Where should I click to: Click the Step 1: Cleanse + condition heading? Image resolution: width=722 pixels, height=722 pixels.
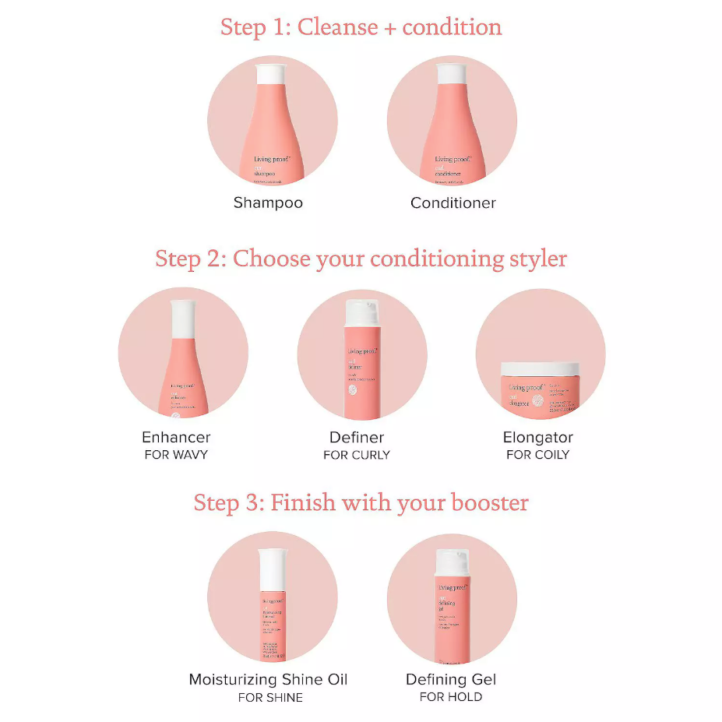tap(361, 27)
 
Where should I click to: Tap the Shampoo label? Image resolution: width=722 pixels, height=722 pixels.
tap(268, 203)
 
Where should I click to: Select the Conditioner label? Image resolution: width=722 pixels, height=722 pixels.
tap(453, 203)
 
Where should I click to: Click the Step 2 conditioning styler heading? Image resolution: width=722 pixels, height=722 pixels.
tap(361, 258)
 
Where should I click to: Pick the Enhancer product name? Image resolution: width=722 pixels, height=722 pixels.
tap(176, 437)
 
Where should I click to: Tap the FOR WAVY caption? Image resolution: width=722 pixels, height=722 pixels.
tap(176, 454)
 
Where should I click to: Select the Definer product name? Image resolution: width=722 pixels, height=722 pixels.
tap(357, 437)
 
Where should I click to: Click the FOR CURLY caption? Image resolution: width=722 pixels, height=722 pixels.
tap(357, 454)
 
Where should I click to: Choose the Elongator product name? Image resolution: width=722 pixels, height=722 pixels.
tap(537, 437)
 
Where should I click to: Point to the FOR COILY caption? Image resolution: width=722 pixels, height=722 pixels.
tap(537, 454)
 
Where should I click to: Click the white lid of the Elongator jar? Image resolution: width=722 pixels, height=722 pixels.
tap(540, 369)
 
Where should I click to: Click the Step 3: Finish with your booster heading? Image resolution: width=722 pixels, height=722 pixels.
tap(361, 502)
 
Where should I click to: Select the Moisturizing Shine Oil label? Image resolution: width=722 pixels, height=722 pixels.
tap(268, 679)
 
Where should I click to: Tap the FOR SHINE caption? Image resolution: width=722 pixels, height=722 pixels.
tap(270, 697)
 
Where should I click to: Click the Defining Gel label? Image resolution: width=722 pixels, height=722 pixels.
tap(451, 679)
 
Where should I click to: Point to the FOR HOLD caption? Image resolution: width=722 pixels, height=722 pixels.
tap(451, 697)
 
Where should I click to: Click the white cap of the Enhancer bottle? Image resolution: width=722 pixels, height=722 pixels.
tap(183, 318)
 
